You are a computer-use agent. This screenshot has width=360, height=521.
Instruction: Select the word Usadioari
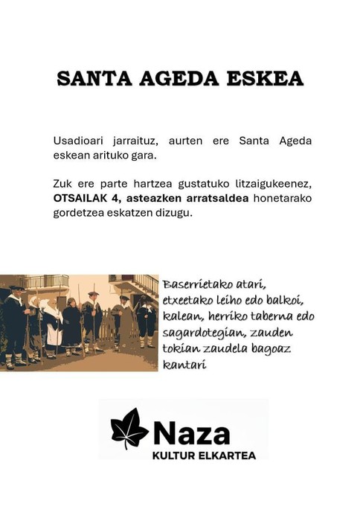78,141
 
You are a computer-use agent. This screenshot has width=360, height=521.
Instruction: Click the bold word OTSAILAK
82,199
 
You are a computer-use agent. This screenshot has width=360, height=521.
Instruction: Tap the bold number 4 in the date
118,199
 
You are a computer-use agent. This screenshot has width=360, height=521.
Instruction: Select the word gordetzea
79,213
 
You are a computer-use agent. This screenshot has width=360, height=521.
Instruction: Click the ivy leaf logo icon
129,429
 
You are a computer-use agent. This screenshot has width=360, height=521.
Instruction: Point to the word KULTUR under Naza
176,454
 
